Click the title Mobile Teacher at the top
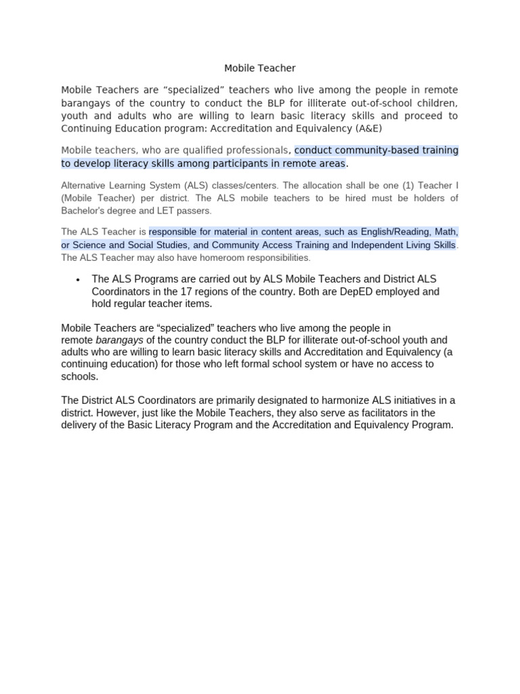(260, 68)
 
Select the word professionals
(258, 150)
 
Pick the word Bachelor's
(84, 211)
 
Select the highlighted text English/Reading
(383, 232)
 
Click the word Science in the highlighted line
(90, 245)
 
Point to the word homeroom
(211, 258)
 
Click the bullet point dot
(79, 279)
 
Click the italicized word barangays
(119, 340)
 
